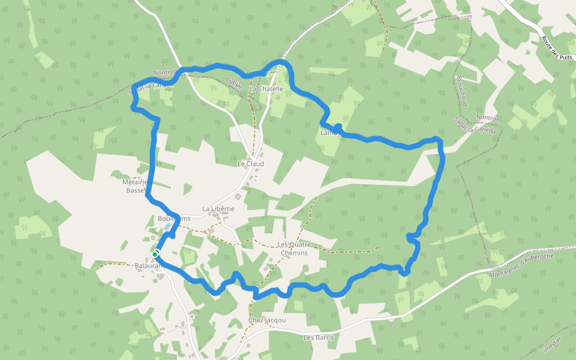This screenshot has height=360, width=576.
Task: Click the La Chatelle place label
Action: tap(266, 89)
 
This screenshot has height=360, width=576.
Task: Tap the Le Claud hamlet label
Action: tap(251, 163)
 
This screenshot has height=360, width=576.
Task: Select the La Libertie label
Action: tap(218, 209)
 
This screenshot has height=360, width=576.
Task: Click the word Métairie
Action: tap(135, 182)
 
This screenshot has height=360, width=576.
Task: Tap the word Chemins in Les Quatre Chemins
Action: tap(294, 253)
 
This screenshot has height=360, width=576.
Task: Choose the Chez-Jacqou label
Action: tap(267, 320)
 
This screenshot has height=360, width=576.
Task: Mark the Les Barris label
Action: tap(318, 337)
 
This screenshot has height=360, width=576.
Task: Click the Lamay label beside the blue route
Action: tap(330, 133)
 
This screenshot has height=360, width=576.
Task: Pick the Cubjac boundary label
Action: tap(235, 83)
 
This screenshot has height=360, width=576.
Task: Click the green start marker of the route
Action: tap(155, 255)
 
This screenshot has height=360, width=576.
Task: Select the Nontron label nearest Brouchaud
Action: tap(487, 118)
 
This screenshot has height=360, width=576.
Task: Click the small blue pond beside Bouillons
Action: tap(166, 227)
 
